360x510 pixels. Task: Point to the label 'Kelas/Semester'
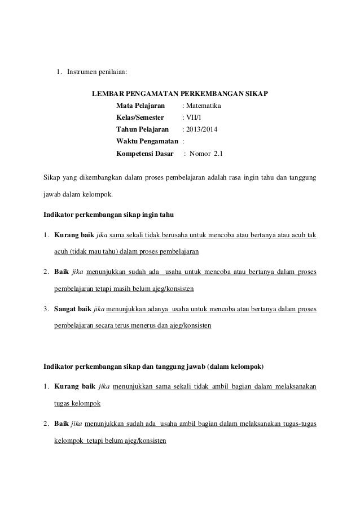140,118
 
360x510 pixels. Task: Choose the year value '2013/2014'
202,130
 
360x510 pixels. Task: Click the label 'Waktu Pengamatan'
147,142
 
